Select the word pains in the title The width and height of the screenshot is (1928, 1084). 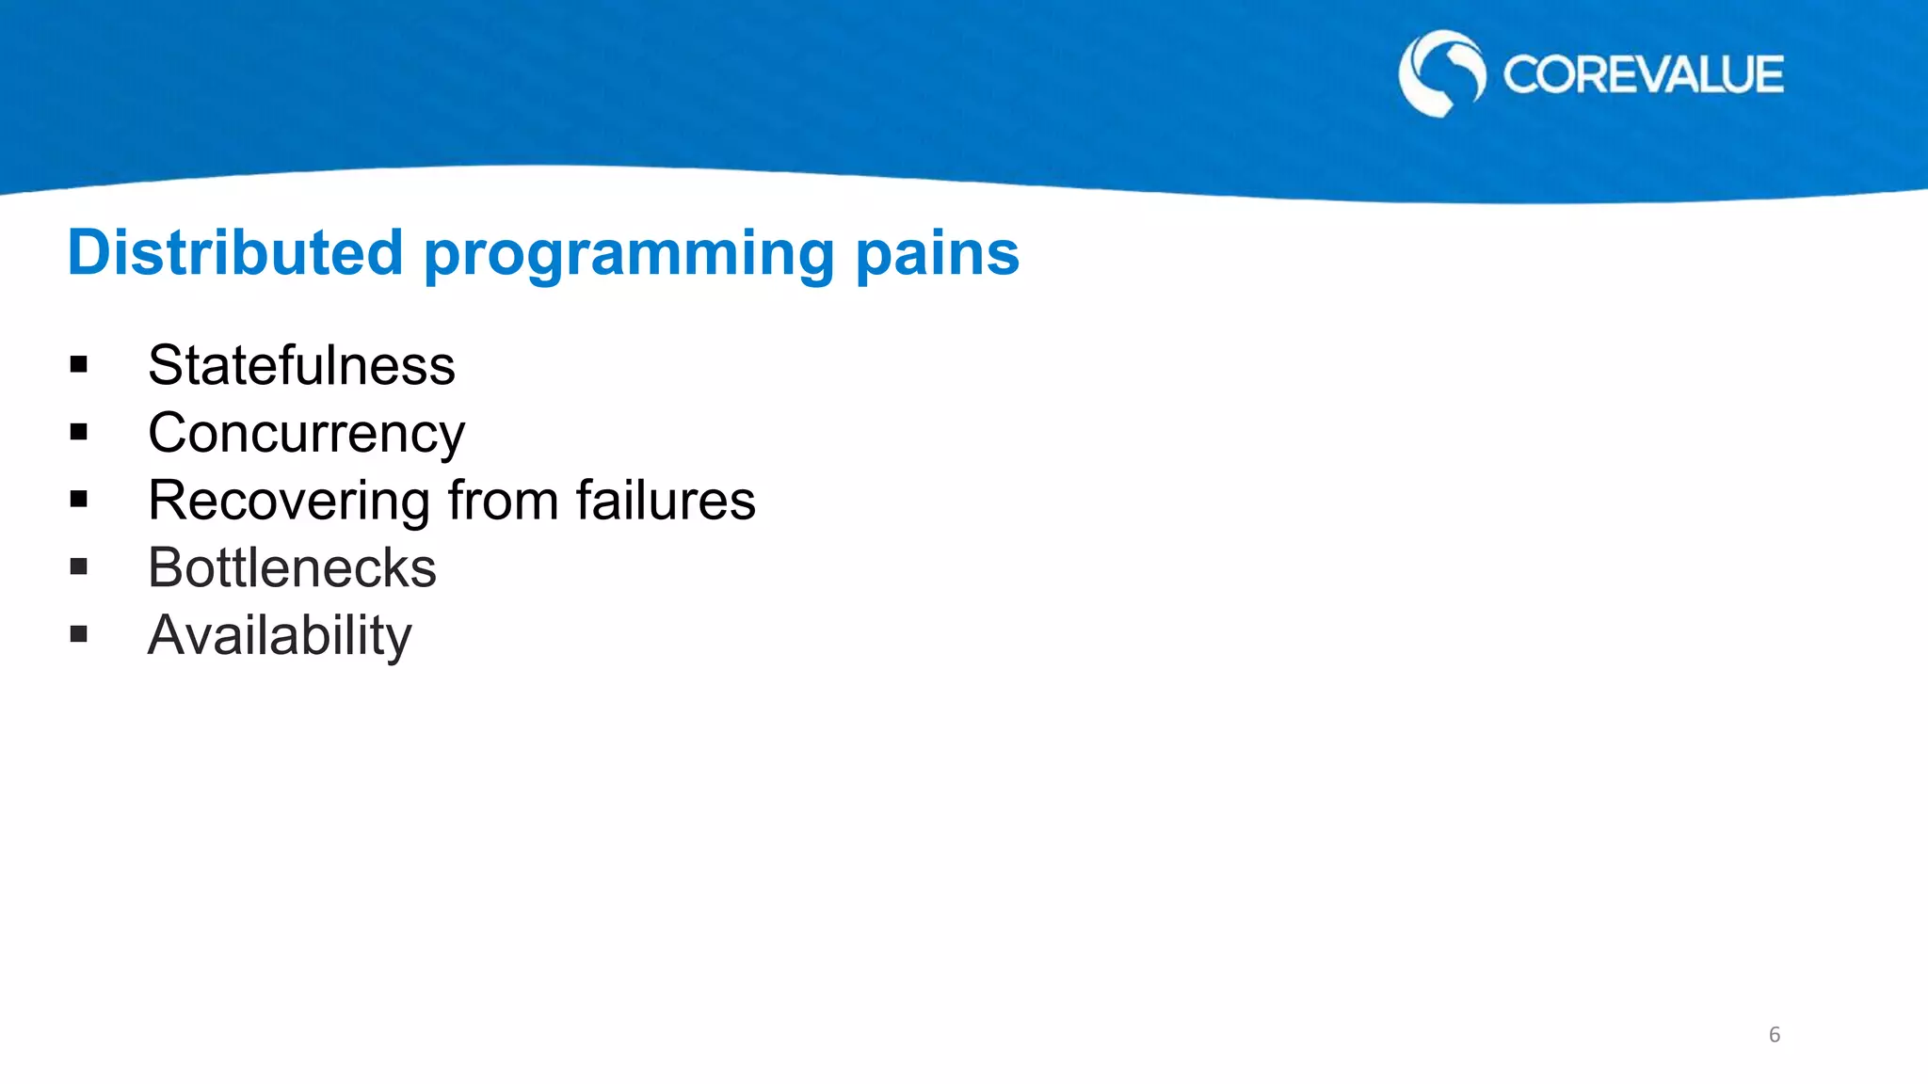(x=937, y=254)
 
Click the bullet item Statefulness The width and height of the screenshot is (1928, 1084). (x=301, y=365)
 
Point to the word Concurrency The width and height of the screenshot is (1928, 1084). (x=306, y=434)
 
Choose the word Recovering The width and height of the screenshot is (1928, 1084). (x=288, y=501)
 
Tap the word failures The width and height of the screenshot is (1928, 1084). (x=665, y=501)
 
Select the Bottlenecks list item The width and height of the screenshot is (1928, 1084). (x=292, y=568)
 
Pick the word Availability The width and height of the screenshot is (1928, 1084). (x=280, y=636)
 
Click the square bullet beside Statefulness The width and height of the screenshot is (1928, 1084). (x=78, y=365)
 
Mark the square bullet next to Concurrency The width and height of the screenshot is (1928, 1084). (x=78, y=433)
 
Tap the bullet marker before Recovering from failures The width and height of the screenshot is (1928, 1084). (x=78, y=500)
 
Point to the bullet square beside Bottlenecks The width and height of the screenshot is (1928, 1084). (x=78, y=567)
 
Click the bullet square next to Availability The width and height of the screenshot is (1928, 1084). (x=78, y=635)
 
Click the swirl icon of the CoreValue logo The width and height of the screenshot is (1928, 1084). (x=1441, y=73)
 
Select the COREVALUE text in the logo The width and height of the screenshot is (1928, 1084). (x=1643, y=75)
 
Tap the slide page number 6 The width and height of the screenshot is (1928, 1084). (x=1775, y=1035)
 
